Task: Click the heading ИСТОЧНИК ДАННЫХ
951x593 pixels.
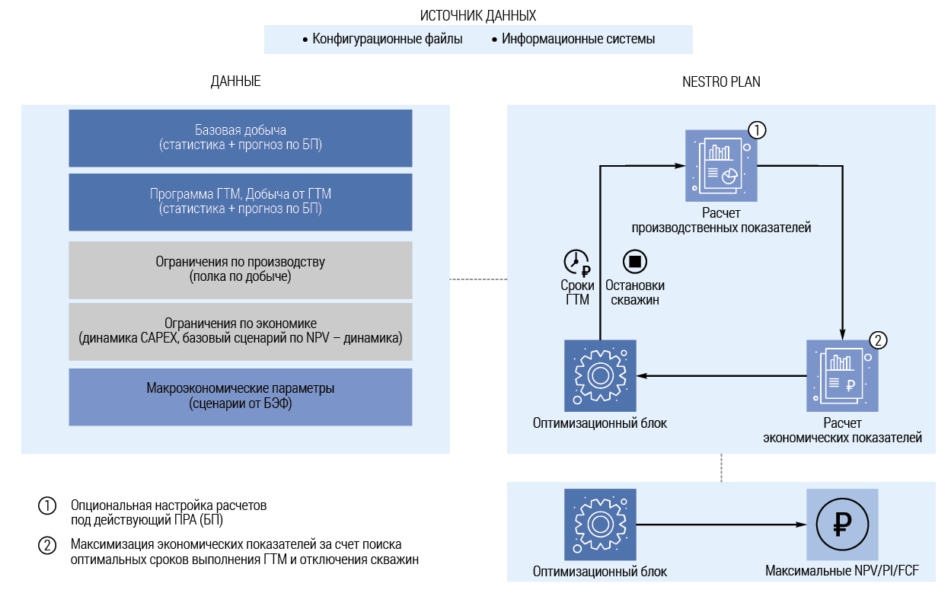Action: pyautogui.click(x=477, y=15)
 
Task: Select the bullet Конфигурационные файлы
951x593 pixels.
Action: pyautogui.click(x=387, y=40)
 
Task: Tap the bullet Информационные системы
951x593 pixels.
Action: pyautogui.click(x=578, y=40)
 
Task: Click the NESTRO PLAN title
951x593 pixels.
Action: pyautogui.click(x=720, y=81)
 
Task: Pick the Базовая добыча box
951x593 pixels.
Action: pyautogui.click(x=241, y=138)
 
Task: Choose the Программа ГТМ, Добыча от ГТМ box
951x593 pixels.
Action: pyautogui.click(x=241, y=202)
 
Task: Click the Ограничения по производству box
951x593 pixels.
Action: pyautogui.click(x=241, y=269)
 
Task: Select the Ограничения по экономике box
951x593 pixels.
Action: pyautogui.click(x=241, y=331)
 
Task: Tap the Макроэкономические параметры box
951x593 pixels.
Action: pyautogui.click(x=241, y=397)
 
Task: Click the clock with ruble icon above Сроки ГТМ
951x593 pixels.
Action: pyautogui.click(x=577, y=262)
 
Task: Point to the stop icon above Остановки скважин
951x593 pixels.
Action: pyautogui.click(x=634, y=262)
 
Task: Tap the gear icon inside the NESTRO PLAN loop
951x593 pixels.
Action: pyautogui.click(x=600, y=375)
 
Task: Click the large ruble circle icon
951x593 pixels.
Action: pyautogui.click(x=842, y=524)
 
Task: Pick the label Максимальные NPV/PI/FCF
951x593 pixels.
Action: pyautogui.click(x=842, y=572)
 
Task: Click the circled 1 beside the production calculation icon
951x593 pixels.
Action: pyautogui.click(x=757, y=129)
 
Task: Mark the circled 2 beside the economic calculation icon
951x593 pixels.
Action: pyautogui.click(x=878, y=340)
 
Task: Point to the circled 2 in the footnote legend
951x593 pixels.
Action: pyautogui.click(x=47, y=545)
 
